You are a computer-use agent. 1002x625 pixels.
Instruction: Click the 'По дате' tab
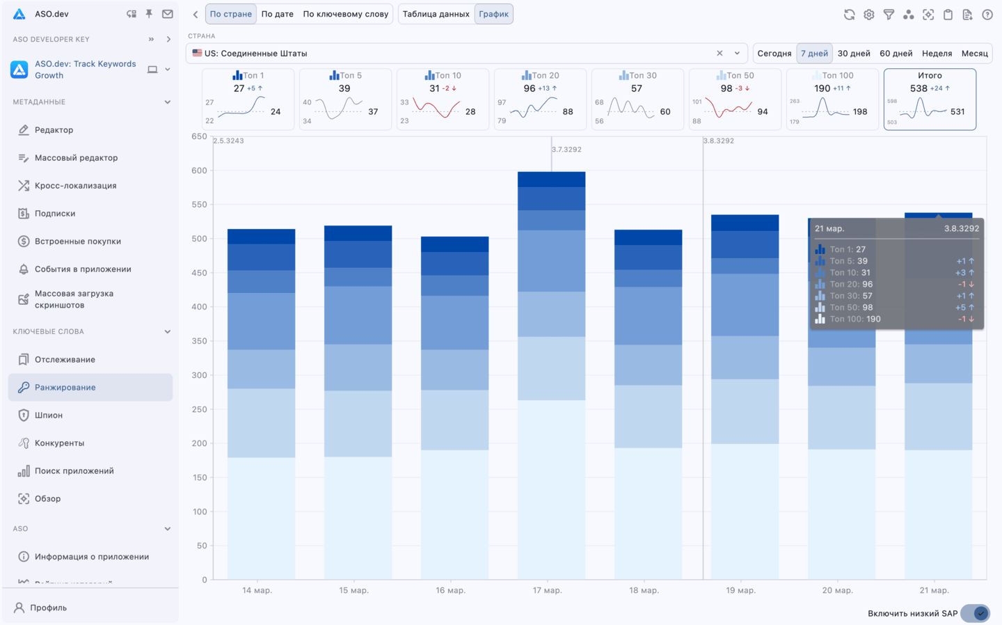(x=277, y=14)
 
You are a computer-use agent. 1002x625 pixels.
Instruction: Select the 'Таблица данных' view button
(x=436, y=14)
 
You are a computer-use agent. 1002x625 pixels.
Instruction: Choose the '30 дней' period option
(x=854, y=54)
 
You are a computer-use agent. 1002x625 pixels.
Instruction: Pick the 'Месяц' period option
(x=974, y=54)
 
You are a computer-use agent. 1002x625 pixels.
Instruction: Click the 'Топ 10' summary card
(x=443, y=99)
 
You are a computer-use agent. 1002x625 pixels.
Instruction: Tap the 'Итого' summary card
(x=930, y=99)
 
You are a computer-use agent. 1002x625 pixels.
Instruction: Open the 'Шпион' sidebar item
(x=49, y=416)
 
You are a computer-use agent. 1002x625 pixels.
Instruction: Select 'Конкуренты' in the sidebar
(x=59, y=443)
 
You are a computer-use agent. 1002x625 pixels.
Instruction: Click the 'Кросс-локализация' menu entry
(x=75, y=186)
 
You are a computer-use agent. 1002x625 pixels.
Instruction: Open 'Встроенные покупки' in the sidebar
(x=77, y=242)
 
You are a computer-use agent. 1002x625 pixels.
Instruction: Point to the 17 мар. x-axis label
(x=548, y=591)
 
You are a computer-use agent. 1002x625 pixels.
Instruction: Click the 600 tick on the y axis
(x=200, y=171)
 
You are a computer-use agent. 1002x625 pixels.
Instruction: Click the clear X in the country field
(x=719, y=54)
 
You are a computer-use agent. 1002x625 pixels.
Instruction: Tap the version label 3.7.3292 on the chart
(x=566, y=150)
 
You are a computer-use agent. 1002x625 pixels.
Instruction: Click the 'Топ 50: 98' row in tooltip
(x=851, y=308)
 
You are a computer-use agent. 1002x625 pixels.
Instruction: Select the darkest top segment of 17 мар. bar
(x=552, y=180)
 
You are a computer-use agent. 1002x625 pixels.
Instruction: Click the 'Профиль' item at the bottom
(x=48, y=608)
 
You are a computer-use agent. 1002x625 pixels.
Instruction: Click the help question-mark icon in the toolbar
(x=987, y=15)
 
